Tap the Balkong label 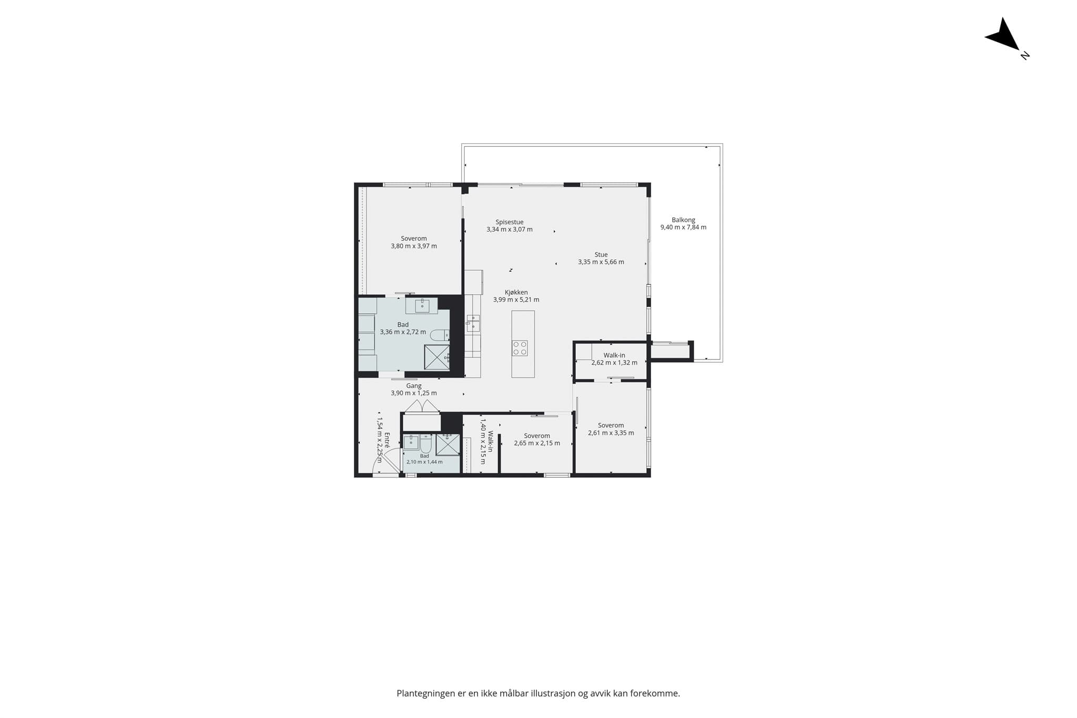[683, 220]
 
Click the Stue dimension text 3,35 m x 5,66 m [601, 262]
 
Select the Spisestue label [510, 222]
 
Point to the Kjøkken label [516, 292]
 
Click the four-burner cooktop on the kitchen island [520, 348]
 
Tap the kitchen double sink [473, 323]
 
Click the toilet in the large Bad [440, 335]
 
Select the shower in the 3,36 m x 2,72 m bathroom [437, 357]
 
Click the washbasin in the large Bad [422, 305]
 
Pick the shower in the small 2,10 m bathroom [448, 444]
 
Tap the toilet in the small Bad [425, 445]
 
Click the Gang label [414, 386]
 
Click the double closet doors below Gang [422, 406]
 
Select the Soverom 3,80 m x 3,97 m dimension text [414, 246]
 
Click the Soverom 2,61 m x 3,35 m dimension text [611, 433]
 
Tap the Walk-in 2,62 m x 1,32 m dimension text [614, 363]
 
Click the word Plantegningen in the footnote [426, 694]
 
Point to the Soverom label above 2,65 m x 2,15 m [537, 436]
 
